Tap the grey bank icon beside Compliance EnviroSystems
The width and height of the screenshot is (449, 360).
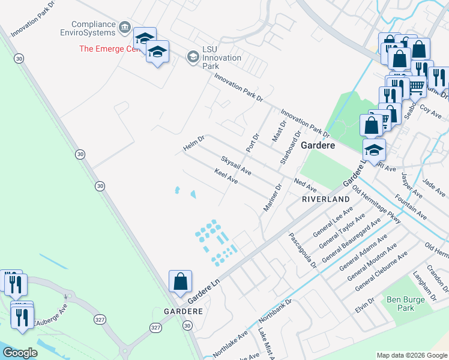(x=125, y=27)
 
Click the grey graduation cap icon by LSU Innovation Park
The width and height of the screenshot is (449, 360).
(x=193, y=57)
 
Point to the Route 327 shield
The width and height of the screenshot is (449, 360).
(x=156, y=327)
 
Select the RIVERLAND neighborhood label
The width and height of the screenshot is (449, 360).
(x=325, y=199)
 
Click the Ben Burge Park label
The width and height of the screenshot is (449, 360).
(x=400, y=303)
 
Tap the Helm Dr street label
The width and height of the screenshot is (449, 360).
(x=194, y=144)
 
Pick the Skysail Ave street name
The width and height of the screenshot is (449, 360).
(x=236, y=166)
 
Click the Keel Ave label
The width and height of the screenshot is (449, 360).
(x=226, y=177)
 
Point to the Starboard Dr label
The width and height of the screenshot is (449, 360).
(x=290, y=146)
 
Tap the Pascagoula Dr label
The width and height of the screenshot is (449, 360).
(x=302, y=250)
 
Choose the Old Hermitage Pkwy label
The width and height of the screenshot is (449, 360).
(x=377, y=205)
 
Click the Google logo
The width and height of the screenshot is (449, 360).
(x=20, y=352)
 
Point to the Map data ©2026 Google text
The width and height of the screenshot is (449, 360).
(x=411, y=355)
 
